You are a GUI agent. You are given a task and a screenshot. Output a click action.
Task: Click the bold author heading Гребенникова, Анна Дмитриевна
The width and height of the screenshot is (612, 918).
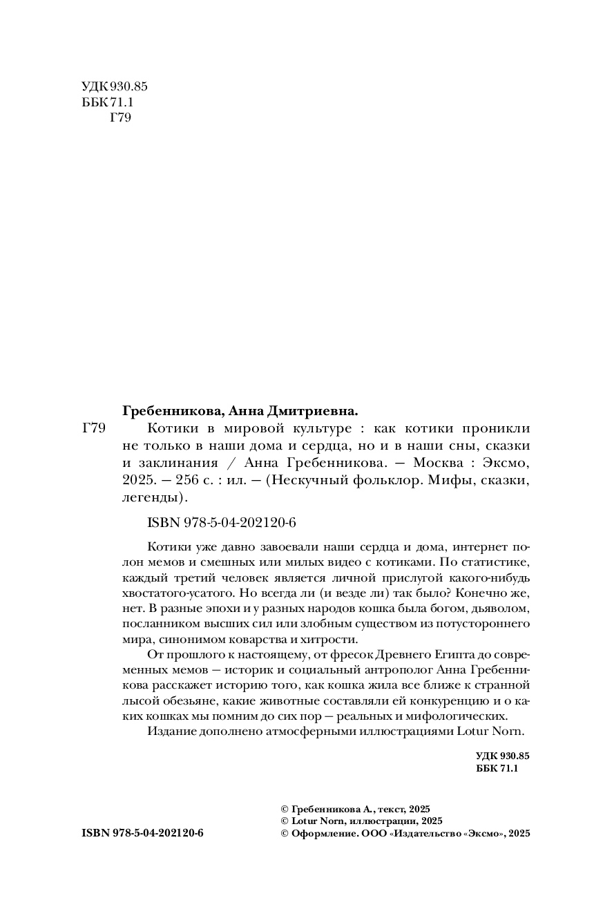click(x=240, y=410)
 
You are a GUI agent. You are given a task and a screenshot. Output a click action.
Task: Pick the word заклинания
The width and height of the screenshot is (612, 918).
click(x=180, y=463)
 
